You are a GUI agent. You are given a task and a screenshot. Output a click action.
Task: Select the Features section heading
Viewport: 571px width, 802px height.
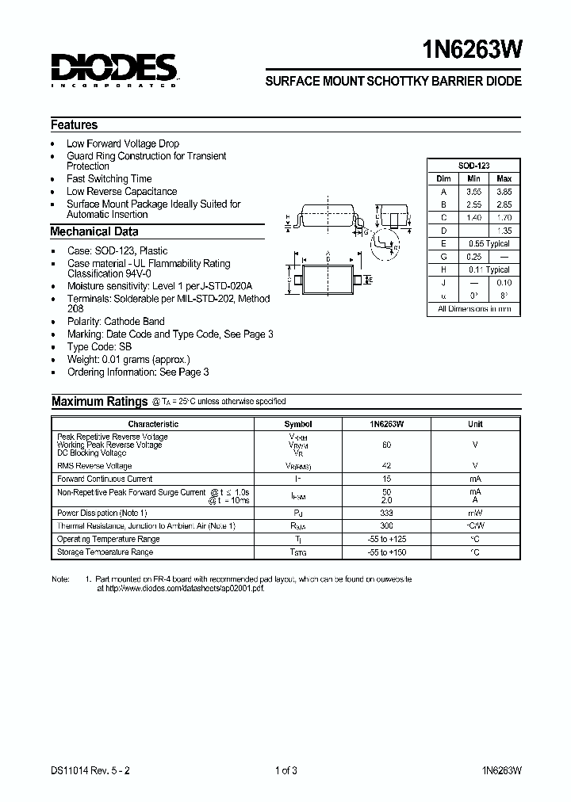[x=74, y=124]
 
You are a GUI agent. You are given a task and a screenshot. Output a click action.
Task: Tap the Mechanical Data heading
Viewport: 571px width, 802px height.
[x=94, y=231]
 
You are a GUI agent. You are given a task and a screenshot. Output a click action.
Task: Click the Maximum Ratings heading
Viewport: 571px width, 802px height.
[x=99, y=401]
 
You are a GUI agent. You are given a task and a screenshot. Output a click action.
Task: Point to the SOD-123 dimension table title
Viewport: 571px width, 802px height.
[x=473, y=165]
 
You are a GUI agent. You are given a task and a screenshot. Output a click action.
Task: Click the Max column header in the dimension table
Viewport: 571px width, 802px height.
[x=504, y=178]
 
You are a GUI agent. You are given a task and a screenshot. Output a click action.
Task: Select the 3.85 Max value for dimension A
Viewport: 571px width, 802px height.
[x=504, y=192]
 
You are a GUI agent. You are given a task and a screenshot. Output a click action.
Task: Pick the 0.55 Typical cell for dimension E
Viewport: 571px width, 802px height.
[x=489, y=243]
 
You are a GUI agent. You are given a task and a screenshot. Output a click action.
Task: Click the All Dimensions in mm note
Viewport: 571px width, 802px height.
[x=474, y=309]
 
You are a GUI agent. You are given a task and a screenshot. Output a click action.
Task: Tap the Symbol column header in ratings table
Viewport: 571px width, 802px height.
[x=298, y=424]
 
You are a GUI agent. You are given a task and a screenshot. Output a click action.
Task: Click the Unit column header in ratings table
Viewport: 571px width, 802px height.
[x=475, y=424]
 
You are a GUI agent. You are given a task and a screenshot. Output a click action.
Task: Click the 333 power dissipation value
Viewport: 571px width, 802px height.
[x=386, y=513]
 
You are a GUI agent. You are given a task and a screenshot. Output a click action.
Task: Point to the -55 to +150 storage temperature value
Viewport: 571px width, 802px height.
[x=386, y=552]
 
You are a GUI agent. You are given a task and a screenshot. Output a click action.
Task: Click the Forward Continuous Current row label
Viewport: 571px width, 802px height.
[x=105, y=479]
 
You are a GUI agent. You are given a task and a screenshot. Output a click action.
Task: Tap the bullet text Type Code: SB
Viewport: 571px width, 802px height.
[x=99, y=346]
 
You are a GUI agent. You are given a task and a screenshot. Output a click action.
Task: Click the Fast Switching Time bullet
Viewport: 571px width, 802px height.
[x=109, y=178]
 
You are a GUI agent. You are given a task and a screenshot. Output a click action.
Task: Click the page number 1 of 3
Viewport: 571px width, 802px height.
[x=285, y=768]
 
